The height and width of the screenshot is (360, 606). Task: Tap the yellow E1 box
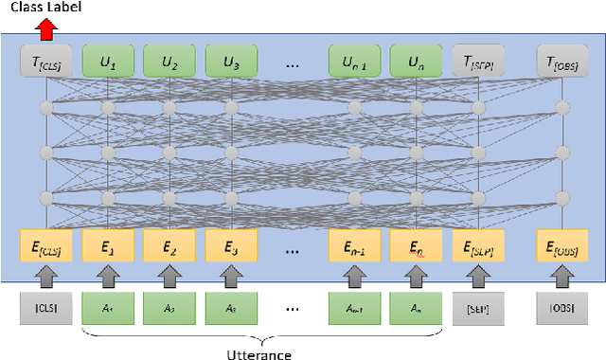tap(108, 250)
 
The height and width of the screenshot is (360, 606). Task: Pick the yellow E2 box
tap(169, 250)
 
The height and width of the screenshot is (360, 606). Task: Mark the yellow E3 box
tap(231, 250)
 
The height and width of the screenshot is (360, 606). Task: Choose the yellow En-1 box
tap(354, 250)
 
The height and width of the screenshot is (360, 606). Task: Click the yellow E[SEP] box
tap(478, 250)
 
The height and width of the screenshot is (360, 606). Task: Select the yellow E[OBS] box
tap(562, 250)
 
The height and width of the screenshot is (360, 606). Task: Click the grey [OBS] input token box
tap(562, 308)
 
